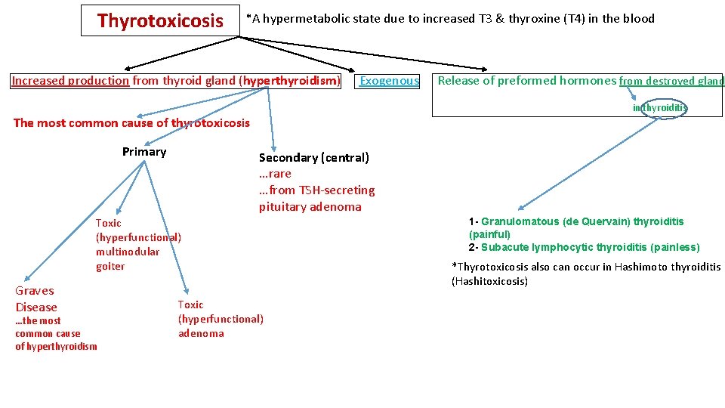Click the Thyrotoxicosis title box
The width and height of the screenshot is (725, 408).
(160, 21)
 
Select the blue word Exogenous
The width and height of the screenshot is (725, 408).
(389, 81)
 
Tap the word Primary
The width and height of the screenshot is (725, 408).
(144, 152)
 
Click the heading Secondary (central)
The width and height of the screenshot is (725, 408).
(314, 157)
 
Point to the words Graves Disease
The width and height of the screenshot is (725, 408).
(35, 298)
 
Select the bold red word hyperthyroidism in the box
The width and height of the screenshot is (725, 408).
(301, 81)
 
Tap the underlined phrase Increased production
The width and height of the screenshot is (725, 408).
(70, 81)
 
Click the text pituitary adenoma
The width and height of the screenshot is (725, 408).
(310, 206)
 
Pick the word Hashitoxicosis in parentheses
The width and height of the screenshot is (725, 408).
(489, 281)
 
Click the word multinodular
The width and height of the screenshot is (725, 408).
(128, 252)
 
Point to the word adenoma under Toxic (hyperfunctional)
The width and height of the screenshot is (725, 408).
(201, 333)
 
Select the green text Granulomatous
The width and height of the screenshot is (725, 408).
(520, 221)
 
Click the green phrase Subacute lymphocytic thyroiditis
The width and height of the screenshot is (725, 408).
(574, 247)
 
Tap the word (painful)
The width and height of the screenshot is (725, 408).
(489, 234)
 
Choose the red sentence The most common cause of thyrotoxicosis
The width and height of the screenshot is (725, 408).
(131, 123)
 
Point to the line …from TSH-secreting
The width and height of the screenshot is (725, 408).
(316, 190)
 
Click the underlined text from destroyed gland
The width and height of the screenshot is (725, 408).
(671, 82)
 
